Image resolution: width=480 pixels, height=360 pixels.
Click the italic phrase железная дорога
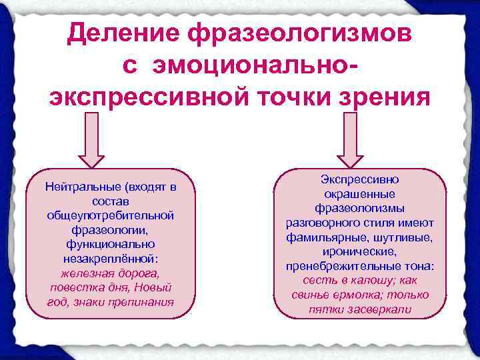110,273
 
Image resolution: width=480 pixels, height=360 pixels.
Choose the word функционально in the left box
110,244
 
